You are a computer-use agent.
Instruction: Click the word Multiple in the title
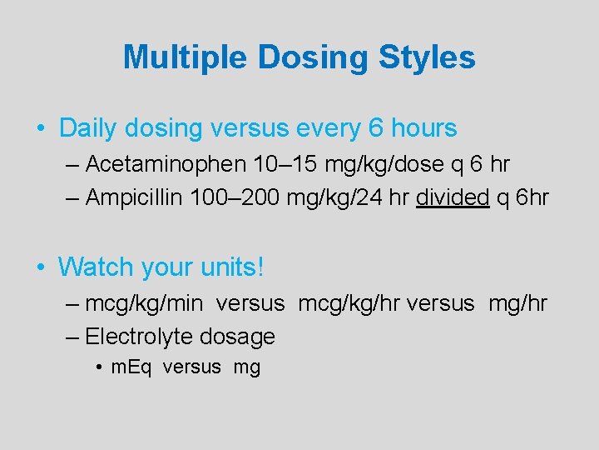click(186, 57)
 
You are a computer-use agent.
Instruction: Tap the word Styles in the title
click(428, 57)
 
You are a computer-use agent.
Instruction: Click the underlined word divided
click(453, 197)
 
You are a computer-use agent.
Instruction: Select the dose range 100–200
click(235, 197)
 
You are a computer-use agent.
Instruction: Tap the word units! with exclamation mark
click(233, 267)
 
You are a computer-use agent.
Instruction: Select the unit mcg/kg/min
click(143, 303)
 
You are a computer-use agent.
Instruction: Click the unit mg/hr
click(517, 303)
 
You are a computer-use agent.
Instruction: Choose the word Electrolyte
click(139, 337)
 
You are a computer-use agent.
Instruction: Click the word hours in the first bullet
click(420, 128)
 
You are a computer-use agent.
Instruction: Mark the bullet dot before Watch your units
click(41, 267)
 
